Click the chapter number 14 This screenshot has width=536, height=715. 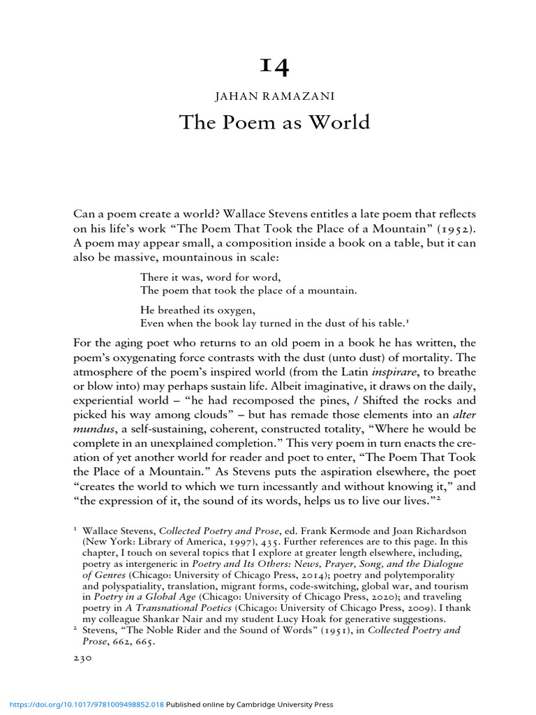pos(274,66)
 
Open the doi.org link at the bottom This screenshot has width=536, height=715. pos(84,705)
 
